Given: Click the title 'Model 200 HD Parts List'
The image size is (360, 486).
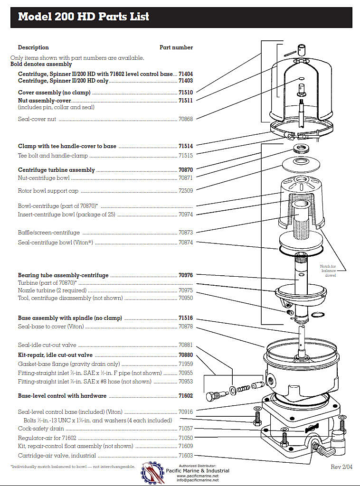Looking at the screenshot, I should click(x=84, y=17).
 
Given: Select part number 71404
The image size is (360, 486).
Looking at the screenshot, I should click(x=186, y=75).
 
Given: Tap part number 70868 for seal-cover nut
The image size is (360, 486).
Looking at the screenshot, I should click(x=186, y=119).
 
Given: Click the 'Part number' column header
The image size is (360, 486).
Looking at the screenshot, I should click(x=176, y=47).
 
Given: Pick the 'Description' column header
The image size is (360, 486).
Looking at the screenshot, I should click(x=33, y=47).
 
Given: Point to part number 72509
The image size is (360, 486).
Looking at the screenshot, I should click(x=186, y=191).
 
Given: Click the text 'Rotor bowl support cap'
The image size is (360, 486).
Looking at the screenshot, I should click(x=48, y=191).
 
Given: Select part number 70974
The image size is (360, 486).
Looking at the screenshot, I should click(x=186, y=215).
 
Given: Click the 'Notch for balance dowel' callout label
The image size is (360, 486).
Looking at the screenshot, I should click(x=330, y=271).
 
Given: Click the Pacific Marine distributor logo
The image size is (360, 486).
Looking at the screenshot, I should click(x=152, y=472).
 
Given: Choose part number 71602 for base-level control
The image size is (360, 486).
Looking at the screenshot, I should click(x=186, y=396).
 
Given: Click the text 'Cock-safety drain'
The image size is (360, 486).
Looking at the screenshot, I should click(x=41, y=428).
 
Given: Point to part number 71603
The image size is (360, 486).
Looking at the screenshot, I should click(x=186, y=456).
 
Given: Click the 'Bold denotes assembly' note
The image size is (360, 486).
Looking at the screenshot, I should click(x=41, y=64).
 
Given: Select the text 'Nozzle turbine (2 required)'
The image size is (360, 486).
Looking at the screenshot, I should click(x=53, y=290).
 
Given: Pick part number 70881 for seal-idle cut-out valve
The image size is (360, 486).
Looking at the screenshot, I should click(x=186, y=345).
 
